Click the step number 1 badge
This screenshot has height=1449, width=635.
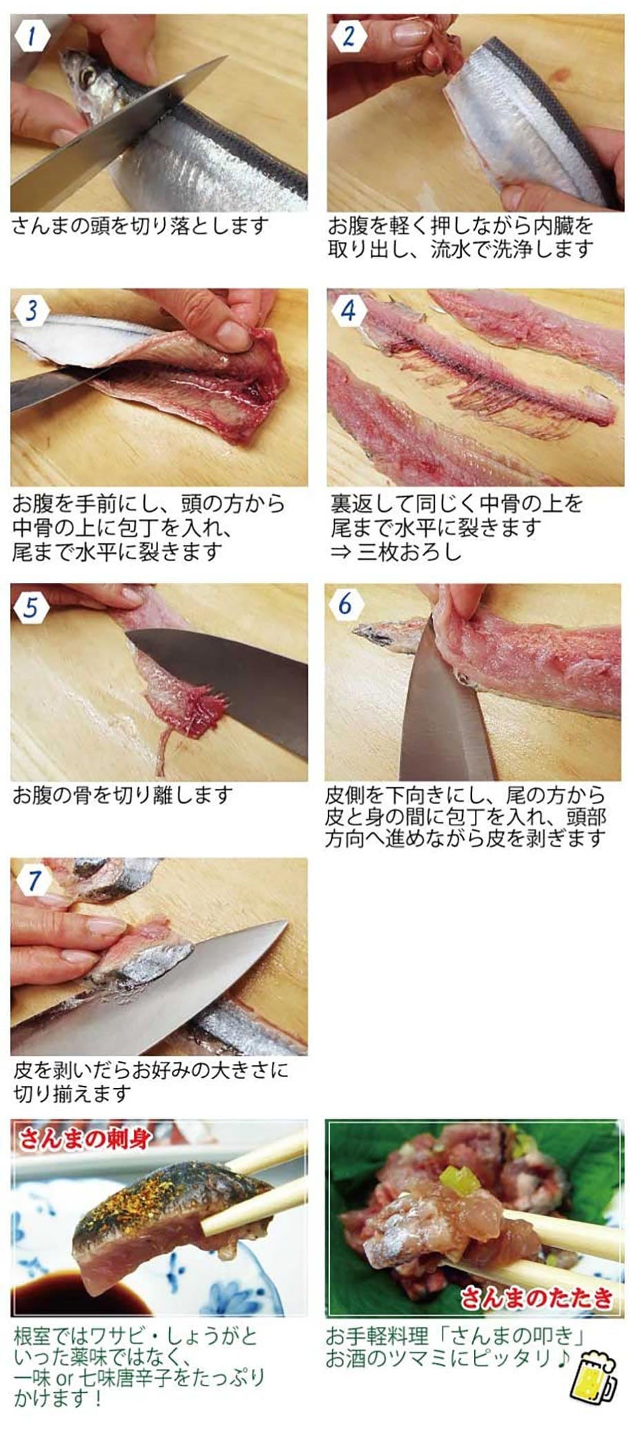coord(30,35)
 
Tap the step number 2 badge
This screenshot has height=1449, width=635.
coord(348,35)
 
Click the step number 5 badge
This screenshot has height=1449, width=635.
coord(30,607)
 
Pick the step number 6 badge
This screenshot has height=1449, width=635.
coord(345,604)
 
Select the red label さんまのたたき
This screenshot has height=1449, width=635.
coord(537,1298)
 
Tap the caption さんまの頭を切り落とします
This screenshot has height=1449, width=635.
coord(139,226)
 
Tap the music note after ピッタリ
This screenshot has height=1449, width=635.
coord(560,1357)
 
